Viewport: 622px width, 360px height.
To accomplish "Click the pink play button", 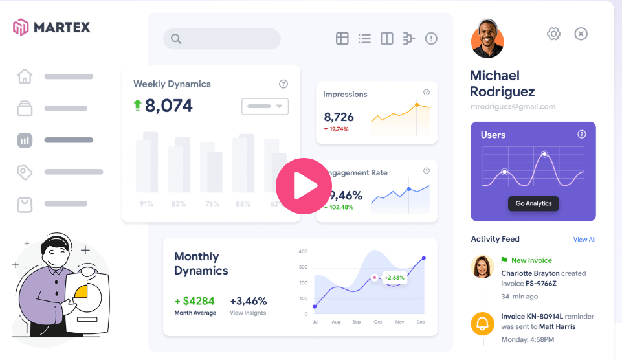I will (x=304, y=186).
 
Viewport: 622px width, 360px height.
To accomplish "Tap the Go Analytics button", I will (x=533, y=203).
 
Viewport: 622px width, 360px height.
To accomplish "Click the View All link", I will (x=584, y=239).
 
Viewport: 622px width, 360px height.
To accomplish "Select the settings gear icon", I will (x=553, y=34).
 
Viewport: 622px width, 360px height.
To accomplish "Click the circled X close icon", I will (x=581, y=34).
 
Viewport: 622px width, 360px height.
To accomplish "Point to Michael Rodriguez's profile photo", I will (x=487, y=39).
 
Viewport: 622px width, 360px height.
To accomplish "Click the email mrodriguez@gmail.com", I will (x=513, y=107).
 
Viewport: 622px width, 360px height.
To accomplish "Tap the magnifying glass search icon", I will (x=175, y=39).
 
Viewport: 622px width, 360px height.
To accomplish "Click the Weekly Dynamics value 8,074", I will (x=168, y=106).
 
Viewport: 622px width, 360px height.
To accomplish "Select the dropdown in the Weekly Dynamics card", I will (x=265, y=106).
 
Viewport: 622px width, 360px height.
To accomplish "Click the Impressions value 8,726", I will (x=339, y=117).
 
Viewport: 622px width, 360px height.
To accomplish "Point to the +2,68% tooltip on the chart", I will (x=394, y=278).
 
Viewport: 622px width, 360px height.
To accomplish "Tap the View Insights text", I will (x=248, y=313).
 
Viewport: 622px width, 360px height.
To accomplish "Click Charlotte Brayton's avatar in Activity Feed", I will (x=482, y=266).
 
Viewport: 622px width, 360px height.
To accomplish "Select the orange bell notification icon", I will (x=482, y=323).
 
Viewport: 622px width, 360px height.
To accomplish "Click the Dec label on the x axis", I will (x=420, y=322).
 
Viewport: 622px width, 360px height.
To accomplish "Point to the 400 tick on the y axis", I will (x=302, y=251).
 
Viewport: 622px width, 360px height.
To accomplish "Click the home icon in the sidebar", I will (x=25, y=76).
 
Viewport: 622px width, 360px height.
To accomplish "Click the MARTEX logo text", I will (x=61, y=27).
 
